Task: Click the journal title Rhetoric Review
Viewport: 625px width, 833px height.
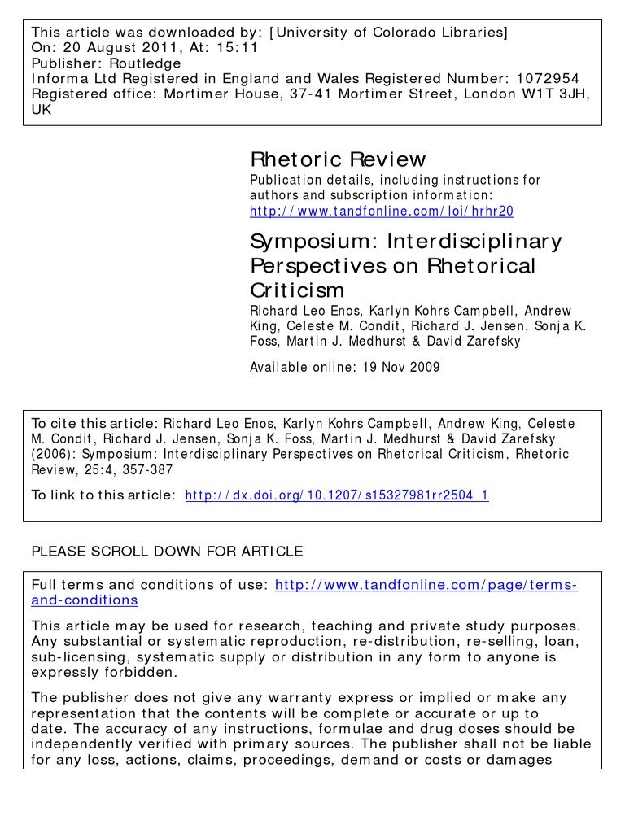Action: point(337,159)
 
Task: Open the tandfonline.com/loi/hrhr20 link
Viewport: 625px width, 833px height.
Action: point(381,212)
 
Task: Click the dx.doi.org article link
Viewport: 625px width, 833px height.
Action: point(337,495)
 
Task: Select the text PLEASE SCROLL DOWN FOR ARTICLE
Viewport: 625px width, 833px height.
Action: point(166,552)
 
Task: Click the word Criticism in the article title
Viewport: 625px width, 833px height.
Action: point(296,290)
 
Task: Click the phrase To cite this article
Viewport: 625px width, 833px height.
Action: point(94,423)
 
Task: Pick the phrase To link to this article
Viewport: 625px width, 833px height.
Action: point(102,495)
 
